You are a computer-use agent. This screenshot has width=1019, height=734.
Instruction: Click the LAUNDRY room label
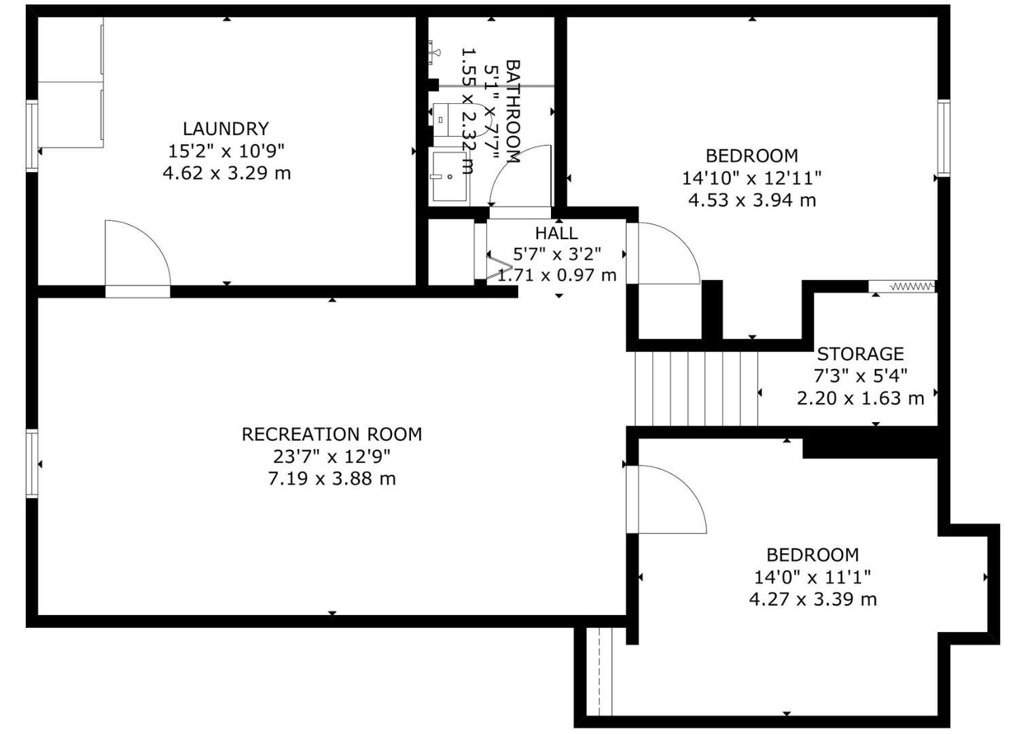click(x=226, y=128)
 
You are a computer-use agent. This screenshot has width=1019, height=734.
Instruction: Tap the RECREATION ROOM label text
click(x=332, y=434)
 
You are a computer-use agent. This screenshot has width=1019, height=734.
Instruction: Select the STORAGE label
click(x=860, y=354)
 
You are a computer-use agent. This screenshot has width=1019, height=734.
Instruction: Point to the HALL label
click(x=556, y=233)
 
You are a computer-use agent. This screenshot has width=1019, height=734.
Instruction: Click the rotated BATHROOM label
click(x=513, y=111)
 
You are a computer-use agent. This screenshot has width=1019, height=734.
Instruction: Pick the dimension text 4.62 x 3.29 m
click(x=226, y=173)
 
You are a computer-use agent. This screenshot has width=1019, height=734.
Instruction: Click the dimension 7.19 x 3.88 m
click(x=332, y=478)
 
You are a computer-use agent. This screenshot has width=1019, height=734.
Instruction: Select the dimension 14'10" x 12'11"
click(x=751, y=178)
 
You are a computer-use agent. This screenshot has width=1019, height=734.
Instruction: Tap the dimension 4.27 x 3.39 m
click(x=812, y=599)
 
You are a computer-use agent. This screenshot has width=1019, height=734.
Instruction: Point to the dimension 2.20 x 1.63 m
click(x=860, y=399)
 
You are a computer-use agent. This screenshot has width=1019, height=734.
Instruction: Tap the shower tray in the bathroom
click(x=450, y=177)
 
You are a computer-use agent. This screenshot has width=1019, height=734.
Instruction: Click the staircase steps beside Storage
click(x=696, y=389)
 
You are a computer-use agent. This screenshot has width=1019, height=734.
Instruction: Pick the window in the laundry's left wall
click(x=32, y=136)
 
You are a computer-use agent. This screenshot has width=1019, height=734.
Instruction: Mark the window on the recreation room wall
click(x=32, y=464)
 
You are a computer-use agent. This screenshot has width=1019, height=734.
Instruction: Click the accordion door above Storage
click(x=902, y=286)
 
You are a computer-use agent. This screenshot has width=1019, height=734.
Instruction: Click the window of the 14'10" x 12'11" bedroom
click(x=944, y=137)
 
